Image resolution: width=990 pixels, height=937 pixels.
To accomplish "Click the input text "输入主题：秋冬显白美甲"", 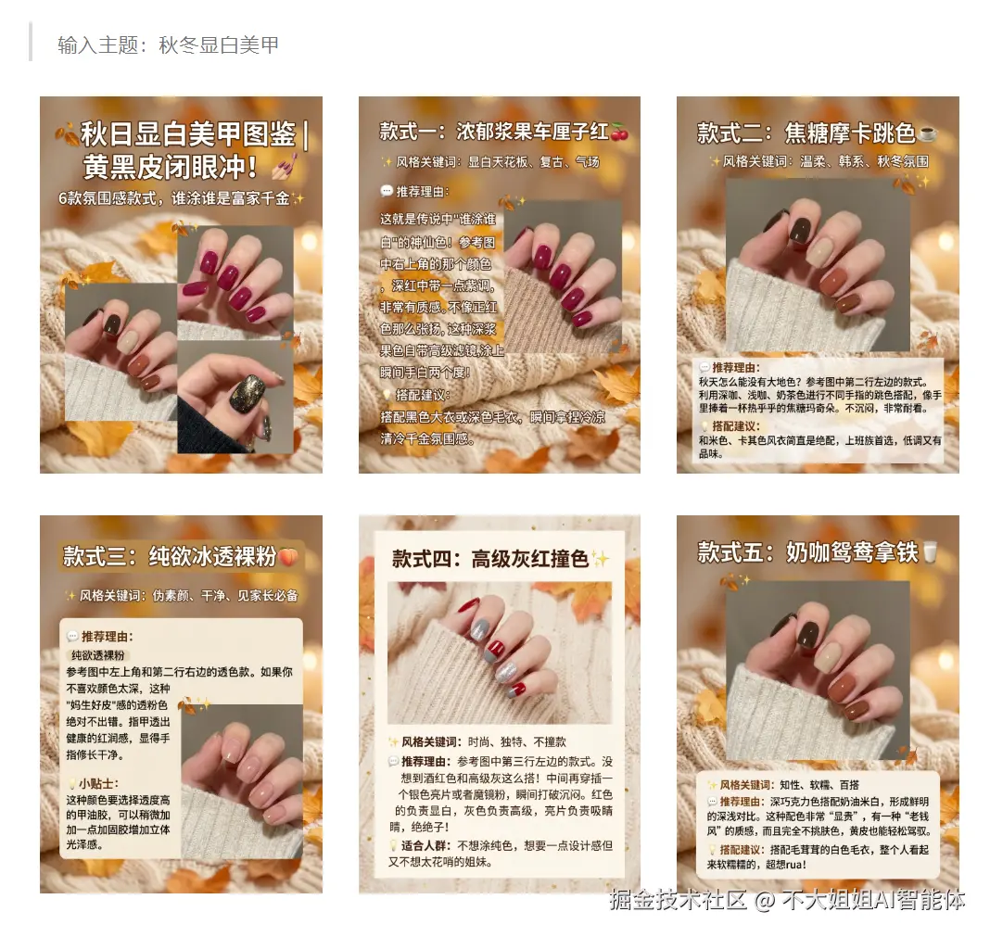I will coord(168,44).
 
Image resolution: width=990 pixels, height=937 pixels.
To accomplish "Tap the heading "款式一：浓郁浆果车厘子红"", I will coord(493,131).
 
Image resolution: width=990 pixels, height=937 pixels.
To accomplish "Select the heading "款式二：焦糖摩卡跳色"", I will coord(806,133).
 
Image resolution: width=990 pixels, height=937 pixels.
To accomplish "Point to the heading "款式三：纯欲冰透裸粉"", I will coord(170,556).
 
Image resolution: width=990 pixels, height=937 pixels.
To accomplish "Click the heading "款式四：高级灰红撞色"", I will coord(490,559).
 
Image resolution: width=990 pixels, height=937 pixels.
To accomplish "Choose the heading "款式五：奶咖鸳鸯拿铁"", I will coord(806,553).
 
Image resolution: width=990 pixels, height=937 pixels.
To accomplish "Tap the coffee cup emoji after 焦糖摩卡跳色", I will coord(927,133).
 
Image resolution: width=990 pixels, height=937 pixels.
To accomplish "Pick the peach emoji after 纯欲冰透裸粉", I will coord(288,557).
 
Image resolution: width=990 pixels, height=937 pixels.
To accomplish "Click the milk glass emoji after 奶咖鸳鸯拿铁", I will coord(929,553).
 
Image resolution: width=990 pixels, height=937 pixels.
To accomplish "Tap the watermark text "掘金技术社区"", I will coord(678,899).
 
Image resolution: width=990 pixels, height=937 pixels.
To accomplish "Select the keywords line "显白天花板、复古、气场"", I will coord(533,162).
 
